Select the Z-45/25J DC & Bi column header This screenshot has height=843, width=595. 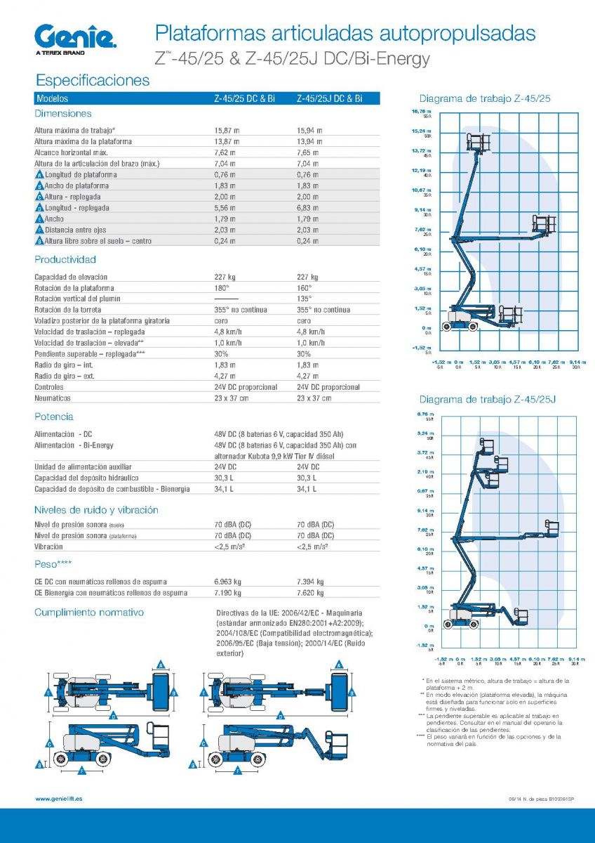(329, 99)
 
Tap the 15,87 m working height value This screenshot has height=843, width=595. (227, 131)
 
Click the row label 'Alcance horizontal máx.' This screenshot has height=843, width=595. (71, 152)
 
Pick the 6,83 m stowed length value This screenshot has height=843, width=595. (307, 208)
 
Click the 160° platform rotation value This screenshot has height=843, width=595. (304, 288)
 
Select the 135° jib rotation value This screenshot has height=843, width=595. (304, 299)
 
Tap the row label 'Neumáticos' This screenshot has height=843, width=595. (53, 398)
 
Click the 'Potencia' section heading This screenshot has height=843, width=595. (54, 417)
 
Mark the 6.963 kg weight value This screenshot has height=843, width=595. (227, 582)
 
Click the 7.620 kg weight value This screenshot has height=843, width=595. (311, 593)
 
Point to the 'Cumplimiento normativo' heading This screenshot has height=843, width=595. (89, 613)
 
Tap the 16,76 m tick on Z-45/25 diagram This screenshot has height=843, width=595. (422, 112)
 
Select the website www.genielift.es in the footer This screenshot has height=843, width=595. (59, 799)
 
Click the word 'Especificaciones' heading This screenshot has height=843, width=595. (93, 80)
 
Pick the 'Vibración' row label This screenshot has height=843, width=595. (49, 545)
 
